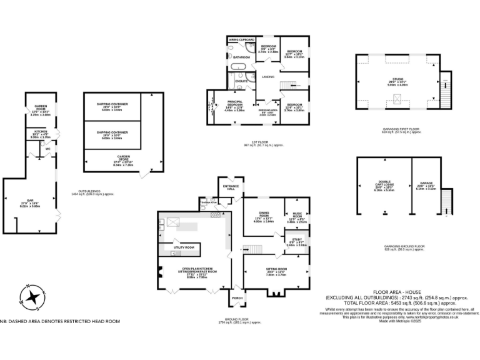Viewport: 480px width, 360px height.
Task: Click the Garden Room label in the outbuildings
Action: [x=41, y=107]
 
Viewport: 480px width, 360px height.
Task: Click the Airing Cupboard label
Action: [x=242, y=39]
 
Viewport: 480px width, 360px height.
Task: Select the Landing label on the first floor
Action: [x=268, y=77]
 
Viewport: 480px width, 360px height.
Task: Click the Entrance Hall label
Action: [x=229, y=187]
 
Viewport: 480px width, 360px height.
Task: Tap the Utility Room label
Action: [x=183, y=247]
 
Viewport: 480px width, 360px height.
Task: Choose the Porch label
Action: [x=237, y=297]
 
